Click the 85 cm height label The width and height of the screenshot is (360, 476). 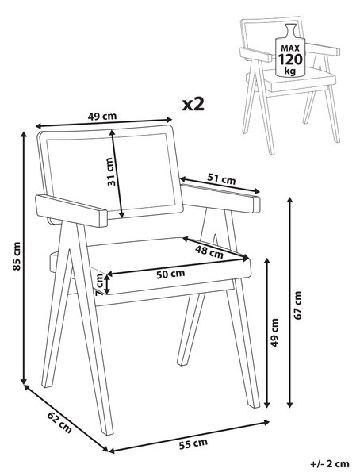tap(17, 255)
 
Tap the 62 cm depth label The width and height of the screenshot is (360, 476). tap(59, 423)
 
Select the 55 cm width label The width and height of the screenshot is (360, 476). tap(193, 443)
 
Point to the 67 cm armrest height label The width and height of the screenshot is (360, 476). tap(298, 305)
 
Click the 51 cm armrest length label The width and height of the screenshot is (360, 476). tap(221, 178)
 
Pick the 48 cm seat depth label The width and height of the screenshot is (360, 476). tap(209, 251)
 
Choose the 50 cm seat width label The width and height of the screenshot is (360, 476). tap(170, 274)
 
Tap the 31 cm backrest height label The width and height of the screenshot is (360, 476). tap(111, 171)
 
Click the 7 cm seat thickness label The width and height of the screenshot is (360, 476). tap(98, 285)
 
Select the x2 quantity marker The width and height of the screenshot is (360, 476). tap(193, 104)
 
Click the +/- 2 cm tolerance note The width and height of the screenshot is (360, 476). tap(330, 464)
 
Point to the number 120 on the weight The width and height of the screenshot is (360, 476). tap(290, 59)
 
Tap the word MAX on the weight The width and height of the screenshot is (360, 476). tap(290, 48)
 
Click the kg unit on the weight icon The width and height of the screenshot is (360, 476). tap(290, 71)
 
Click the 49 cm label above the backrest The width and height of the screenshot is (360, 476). tap(102, 117)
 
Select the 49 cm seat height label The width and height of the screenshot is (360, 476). tap(274, 332)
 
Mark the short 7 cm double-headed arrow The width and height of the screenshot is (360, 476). tap(107, 283)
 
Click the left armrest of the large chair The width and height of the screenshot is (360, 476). tap(71, 210)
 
